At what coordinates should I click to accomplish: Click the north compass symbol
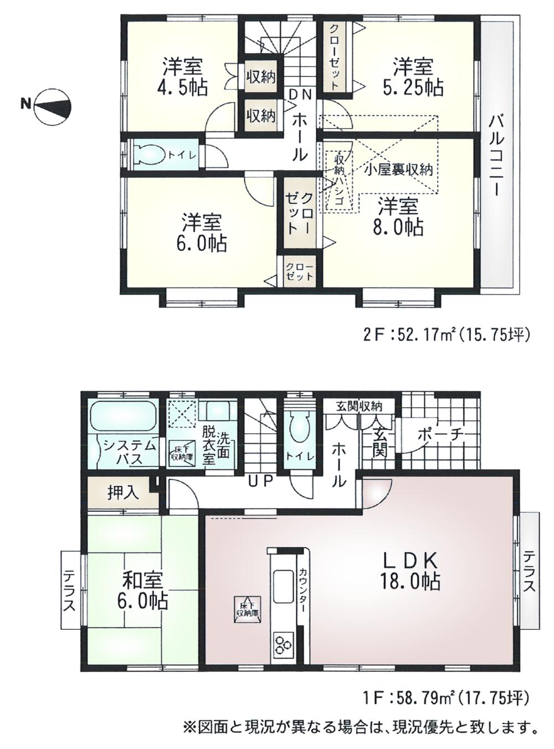pyautogui.click(x=52, y=105)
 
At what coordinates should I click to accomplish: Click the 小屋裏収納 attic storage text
pyautogui.click(x=398, y=170)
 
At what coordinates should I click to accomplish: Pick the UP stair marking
pyautogui.click(x=260, y=481)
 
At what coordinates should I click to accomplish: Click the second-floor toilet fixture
pyautogui.click(x=148, y=155)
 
